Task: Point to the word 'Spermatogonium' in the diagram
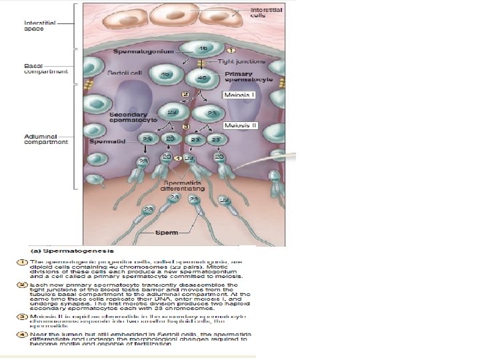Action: (143, 51)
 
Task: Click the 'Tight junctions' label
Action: (242, 61)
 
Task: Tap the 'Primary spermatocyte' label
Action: (242, 76)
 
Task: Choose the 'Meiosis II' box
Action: (240, 125)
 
